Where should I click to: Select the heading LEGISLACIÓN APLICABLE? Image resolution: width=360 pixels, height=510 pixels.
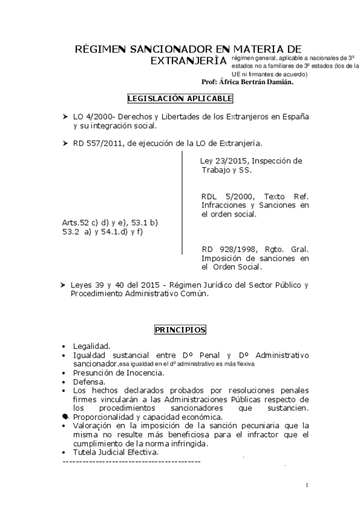(x=180, y=99)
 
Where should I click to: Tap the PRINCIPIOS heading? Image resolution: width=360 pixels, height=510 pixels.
(x=180, y=330)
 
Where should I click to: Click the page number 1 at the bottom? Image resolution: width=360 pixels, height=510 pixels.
(x=307, y=485)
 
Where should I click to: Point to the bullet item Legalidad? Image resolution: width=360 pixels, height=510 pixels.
(x=91, y=346)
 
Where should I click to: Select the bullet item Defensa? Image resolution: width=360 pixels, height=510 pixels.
(x=89, y=381)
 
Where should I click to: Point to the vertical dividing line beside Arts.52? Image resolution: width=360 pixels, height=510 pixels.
(x=182, y=204)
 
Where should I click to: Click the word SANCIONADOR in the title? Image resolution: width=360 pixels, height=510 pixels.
(x=164, y=49)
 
